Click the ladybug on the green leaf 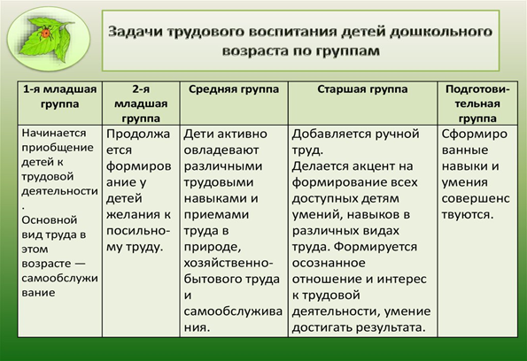[46, 34]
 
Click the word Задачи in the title [135, 32]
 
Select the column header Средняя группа [234, 89]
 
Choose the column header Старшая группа [362, 89]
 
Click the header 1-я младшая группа [60, 96]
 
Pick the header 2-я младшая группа [141, 104]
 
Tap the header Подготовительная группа [477, 104]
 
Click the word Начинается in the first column [54, 133]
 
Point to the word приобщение [58, 148]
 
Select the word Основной [50, 220]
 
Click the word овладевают [221, 150]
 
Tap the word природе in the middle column [213, 248]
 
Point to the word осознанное [329, 263]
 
